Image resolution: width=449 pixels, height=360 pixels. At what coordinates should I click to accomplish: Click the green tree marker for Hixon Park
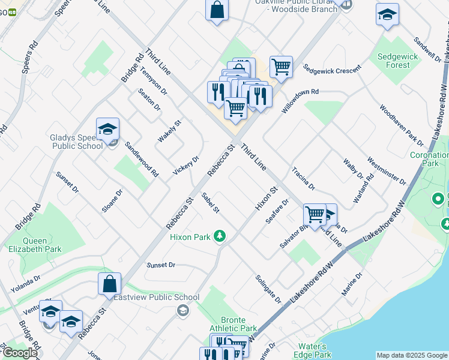(x=220, y=236)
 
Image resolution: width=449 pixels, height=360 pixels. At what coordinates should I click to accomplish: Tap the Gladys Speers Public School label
(x=76, y=142)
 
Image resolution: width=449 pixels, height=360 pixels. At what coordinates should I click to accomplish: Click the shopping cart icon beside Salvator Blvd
(x=314, y=214)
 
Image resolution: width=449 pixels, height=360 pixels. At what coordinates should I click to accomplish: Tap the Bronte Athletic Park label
(x=233, y=323)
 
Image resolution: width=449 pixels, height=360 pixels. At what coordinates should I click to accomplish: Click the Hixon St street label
(x=266, y=198)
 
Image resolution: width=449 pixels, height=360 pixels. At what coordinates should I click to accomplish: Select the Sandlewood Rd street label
(x=142, y=159)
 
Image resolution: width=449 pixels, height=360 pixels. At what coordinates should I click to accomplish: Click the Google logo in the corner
(x=20, y=353)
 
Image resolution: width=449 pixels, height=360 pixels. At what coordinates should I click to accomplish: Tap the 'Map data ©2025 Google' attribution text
(x=411, y=355)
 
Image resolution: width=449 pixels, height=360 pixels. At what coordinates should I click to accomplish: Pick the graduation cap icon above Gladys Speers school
(x=107, y=128)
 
